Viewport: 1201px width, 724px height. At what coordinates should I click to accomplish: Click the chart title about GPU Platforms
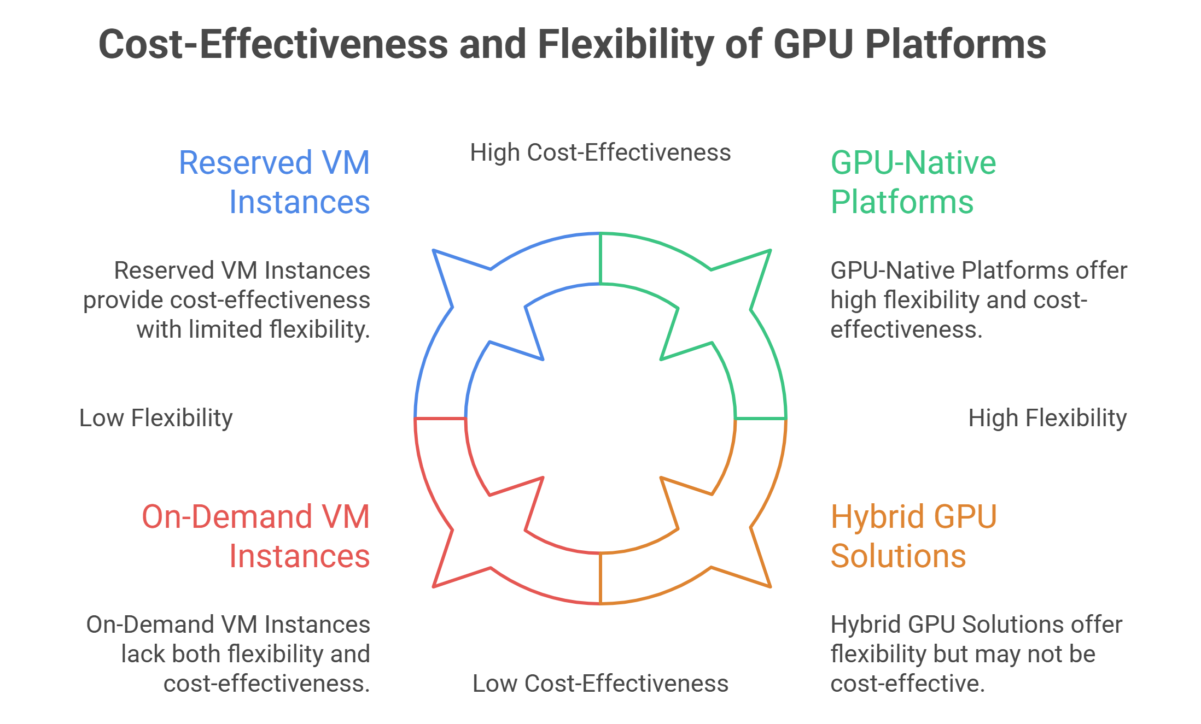pyautogui.click(x=572, y=44)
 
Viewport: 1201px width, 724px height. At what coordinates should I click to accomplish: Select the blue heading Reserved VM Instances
pyautogui.click(x=275, y=182)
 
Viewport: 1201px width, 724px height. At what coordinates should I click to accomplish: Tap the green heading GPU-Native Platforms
pyautogui.click(x=913, y=182)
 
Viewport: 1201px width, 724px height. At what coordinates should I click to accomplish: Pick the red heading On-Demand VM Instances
pyautogui.click(x=256, y=536)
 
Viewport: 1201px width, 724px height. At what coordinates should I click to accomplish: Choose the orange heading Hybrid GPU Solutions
pyautogui.click(x=913, y=536)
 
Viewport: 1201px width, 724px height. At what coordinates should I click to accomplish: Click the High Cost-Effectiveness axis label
pyautogui.click(x=600, y=152)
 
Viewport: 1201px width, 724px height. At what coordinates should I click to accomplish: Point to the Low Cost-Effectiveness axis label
pyautogui.click(x=600, y=684)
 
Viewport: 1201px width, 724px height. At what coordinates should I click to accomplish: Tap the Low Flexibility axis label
pyautogui.click(x=156, y=418)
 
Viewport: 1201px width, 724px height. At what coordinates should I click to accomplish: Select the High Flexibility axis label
pyautogui.click(x=1047, y=418)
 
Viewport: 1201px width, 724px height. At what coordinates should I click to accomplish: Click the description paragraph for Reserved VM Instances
pyautogui.click(x=227, y=300)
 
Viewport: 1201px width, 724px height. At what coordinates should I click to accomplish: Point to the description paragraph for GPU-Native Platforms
pyautogui.click(x=978, y=300)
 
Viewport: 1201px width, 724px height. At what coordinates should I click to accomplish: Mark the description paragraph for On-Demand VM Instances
pyautogui.click(x=228, y=654)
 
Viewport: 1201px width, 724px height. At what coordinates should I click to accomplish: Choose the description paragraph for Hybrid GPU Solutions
pyautogui.click(x=976, y=654)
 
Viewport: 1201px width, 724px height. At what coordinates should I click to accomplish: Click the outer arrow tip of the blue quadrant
pyautogui.click(x=434, y=251)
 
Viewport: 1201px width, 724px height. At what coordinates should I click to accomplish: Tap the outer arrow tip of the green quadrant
pyautogui.click(x=769, y=251)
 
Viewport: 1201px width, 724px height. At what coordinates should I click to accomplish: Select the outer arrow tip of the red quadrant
pyautogui.click(x=434, y=586)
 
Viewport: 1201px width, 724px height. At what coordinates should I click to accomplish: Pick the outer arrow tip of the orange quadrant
pyautogui.click(x=769, y=586)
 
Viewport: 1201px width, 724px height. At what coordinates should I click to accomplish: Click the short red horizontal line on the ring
pyautogui.click(x=441, y=419)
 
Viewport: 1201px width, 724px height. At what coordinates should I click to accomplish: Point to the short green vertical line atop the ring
pyautogui.click(x=600, y=259)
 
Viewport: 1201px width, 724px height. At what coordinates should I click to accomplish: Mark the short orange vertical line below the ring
pyautogui.click(x=600, y=578)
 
